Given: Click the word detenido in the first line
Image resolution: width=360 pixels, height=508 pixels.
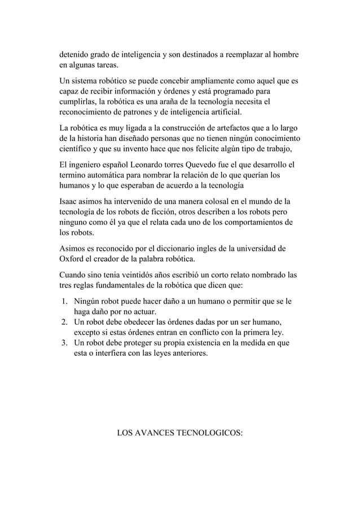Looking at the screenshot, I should coord(77,55).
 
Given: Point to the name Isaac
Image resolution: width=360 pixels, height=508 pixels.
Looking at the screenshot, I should coord(70,201).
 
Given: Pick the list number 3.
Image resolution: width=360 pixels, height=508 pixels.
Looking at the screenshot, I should coord(65,343).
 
